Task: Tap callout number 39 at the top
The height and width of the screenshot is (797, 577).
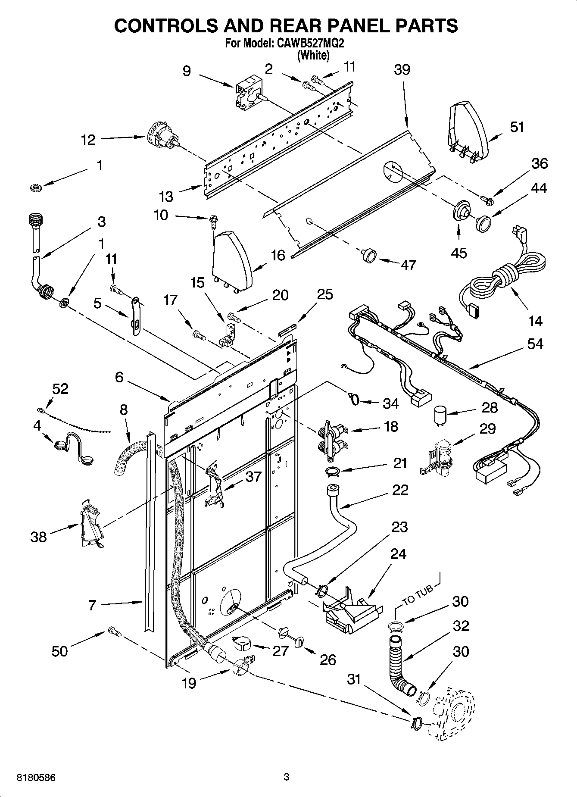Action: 402,70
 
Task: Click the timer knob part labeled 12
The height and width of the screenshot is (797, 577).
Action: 163,136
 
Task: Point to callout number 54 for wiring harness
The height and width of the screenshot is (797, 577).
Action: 535,344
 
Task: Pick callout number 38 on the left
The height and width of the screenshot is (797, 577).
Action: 38,537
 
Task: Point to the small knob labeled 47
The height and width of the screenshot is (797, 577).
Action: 368,256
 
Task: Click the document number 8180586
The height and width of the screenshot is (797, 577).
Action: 36,778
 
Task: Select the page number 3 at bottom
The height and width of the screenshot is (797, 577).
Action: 286,778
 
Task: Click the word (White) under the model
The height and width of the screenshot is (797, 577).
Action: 314,56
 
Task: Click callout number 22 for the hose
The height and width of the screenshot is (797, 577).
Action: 400,490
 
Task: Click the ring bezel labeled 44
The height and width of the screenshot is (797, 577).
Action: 483,224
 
